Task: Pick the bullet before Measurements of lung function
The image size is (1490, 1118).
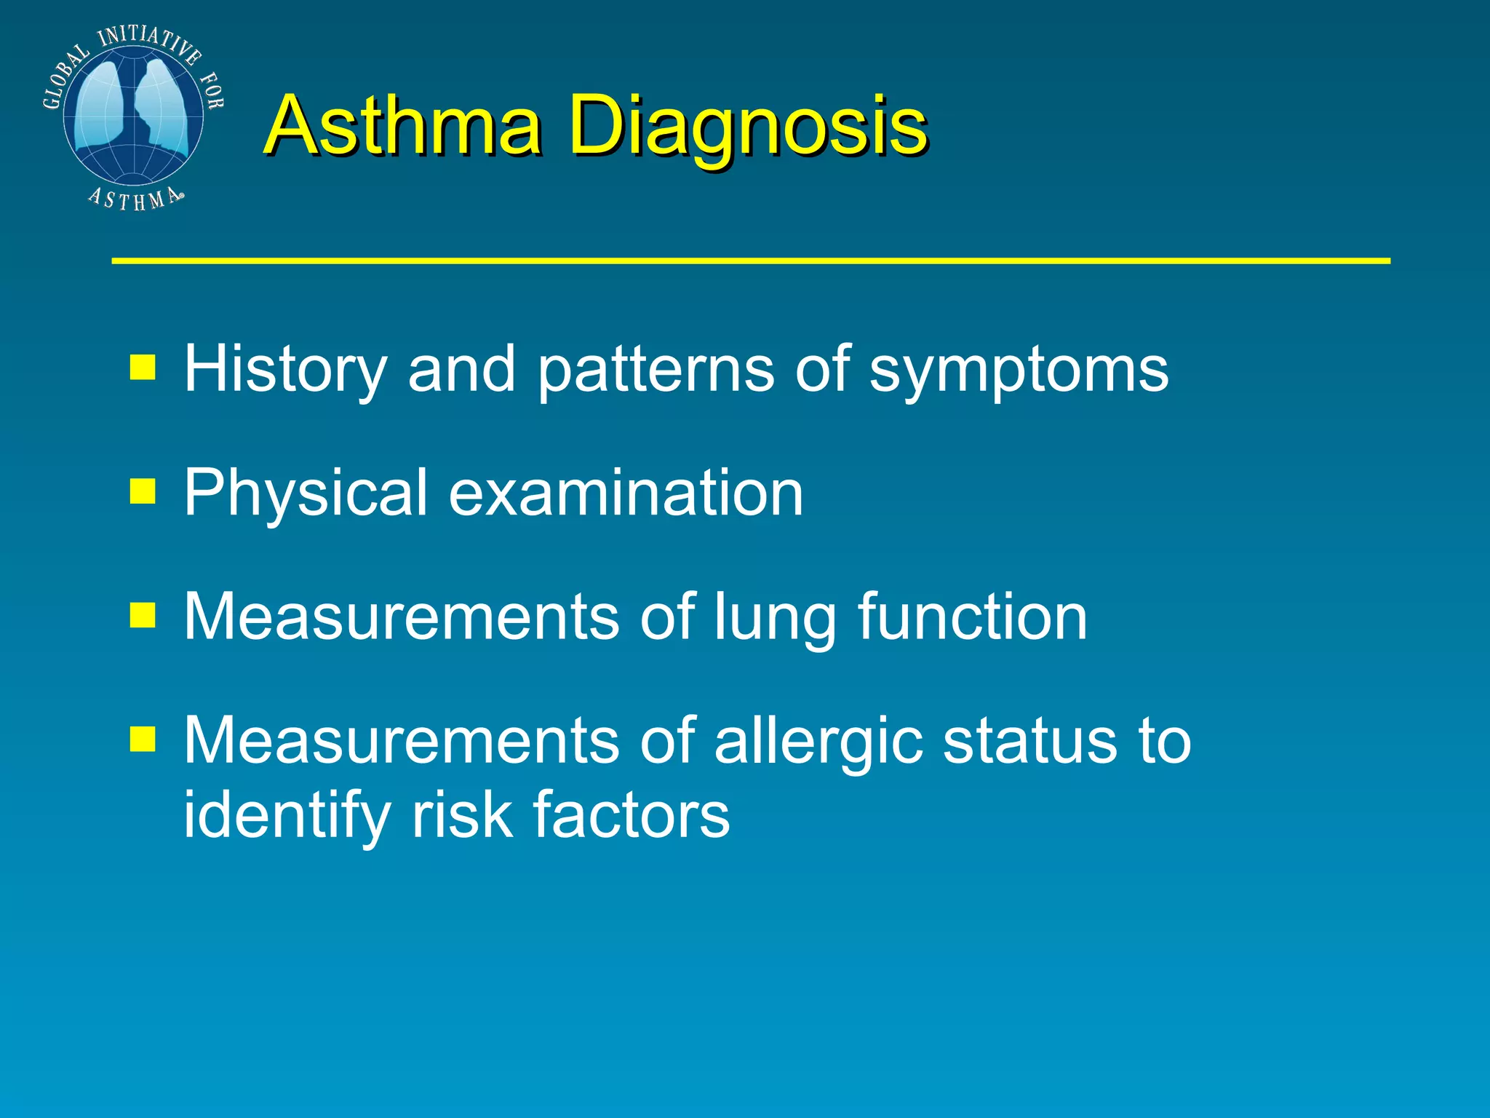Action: [143, 615]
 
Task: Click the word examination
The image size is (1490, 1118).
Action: [626, 493]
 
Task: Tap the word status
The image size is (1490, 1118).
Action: [1029, 741]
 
